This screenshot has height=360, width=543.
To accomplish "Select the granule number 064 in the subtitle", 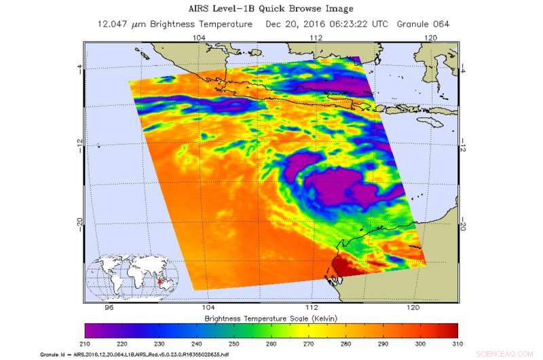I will pyautogui.click(x=440, y=24).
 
